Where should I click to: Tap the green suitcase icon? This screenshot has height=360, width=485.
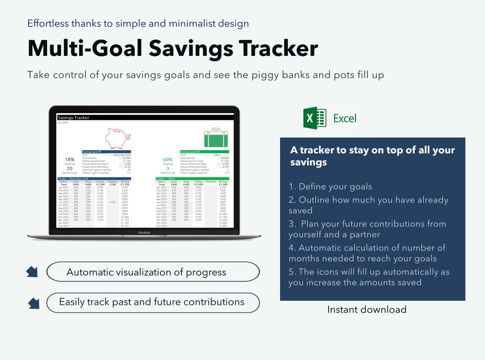216,137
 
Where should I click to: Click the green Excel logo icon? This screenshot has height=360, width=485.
315,118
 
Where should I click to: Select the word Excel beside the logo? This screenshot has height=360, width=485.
344,119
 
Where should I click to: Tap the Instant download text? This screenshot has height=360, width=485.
366,309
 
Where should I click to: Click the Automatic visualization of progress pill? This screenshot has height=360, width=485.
153,272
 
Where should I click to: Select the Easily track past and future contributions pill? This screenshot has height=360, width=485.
153,302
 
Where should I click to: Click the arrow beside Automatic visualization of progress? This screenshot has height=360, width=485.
32,272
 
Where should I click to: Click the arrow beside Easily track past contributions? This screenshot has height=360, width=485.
34,303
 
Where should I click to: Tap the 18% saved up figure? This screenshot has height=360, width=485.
70,160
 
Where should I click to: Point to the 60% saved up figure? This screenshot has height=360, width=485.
168,160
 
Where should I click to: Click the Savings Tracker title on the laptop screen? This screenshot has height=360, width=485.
74,118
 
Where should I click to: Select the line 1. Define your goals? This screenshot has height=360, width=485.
330,187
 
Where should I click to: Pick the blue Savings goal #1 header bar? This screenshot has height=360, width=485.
106,152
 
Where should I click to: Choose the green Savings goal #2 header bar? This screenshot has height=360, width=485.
204,152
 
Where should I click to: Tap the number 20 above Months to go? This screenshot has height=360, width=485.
70,168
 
